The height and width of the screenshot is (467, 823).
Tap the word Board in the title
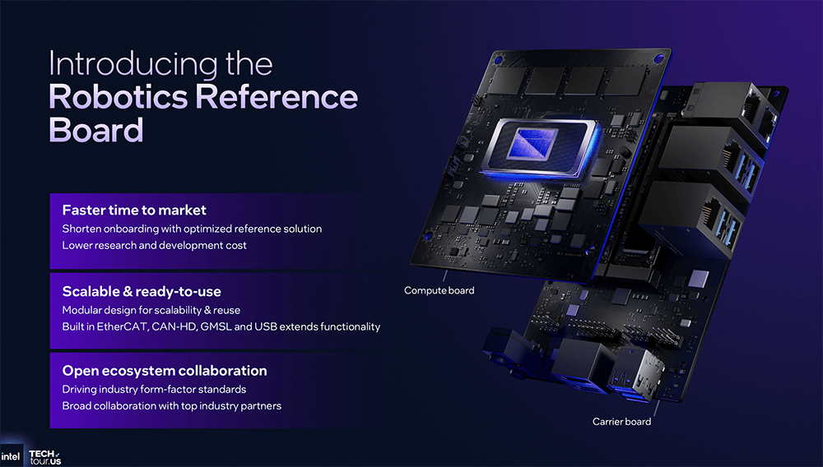pos(96,130)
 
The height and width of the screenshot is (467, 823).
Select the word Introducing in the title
pos(133,64)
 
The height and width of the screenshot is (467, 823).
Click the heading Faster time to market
pos(134,210)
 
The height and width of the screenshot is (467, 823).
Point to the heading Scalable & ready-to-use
pos(142,291)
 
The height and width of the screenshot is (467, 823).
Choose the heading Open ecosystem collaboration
pos(165,371)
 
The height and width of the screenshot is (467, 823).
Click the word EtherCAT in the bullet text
pos(123,326)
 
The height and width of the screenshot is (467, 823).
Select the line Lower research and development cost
pos(155,245)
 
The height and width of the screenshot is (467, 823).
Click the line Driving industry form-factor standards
pos(155,390)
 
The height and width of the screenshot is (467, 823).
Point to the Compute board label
pos(439,290)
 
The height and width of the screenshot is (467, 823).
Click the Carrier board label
pos(622,422)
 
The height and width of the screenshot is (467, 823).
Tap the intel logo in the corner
pos(11,456)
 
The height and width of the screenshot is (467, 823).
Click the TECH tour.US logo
pos(45,458)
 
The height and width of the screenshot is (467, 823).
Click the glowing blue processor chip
pos(541,148)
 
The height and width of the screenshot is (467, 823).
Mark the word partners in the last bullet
pos(261,406)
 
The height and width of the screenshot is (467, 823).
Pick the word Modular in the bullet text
pos(79,310)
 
